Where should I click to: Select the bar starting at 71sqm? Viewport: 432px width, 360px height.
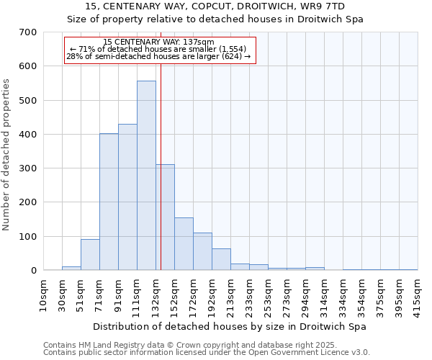(x=109, y=202)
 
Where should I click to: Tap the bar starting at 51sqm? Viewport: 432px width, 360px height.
(x=90, y=255)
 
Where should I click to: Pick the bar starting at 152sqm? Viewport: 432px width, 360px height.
(x=184, y=244)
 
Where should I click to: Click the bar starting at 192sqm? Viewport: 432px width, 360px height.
(x=221, y=259)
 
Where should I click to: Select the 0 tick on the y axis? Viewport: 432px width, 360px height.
(x=33, y=271)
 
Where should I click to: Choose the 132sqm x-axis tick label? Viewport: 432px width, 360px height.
(x=156, y=295)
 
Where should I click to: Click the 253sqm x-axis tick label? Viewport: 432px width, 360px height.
(x=268, y=295)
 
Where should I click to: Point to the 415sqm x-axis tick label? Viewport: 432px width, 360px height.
(x=418, y=295)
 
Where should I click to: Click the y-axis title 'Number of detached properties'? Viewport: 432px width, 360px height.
(x=6, y=154)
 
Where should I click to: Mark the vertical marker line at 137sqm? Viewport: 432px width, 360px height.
(x=161, y=180)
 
